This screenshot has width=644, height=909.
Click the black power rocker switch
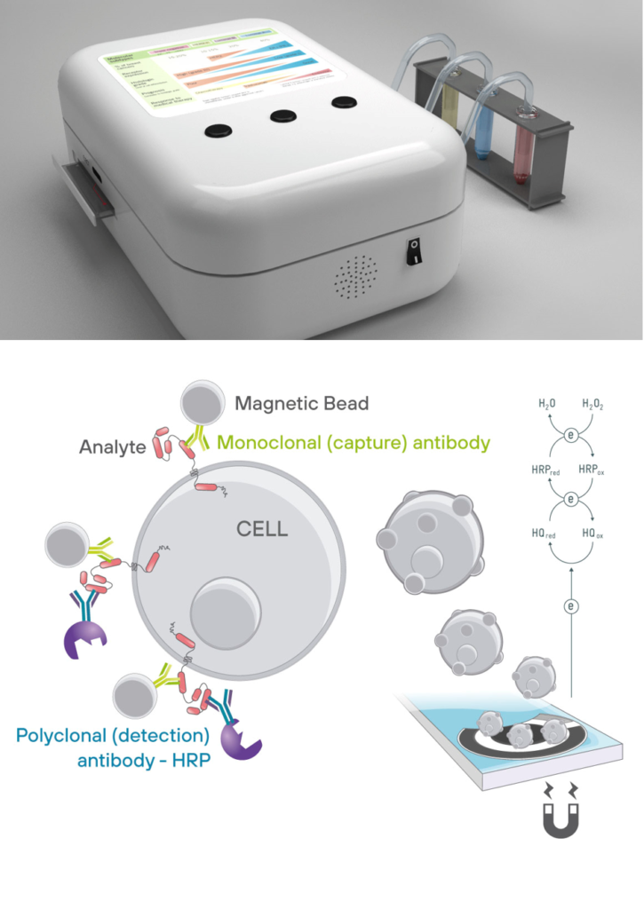[x=413, y=251]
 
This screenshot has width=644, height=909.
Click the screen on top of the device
[x=217, y=75]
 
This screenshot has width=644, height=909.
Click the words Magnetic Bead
[x=301, y=404]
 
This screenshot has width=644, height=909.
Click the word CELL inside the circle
[x=262, y=529]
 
